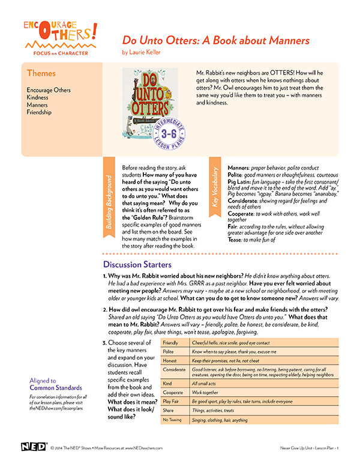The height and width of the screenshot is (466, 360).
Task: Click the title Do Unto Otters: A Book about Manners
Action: (x=216, y=41)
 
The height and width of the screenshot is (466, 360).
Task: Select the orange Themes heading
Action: (x=41, y=73)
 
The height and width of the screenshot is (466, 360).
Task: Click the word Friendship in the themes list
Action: (x=39, y=112)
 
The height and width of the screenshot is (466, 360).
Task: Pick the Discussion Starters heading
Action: (x=137, y=264)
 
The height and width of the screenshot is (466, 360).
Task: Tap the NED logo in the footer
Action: (x=33, y=447)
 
